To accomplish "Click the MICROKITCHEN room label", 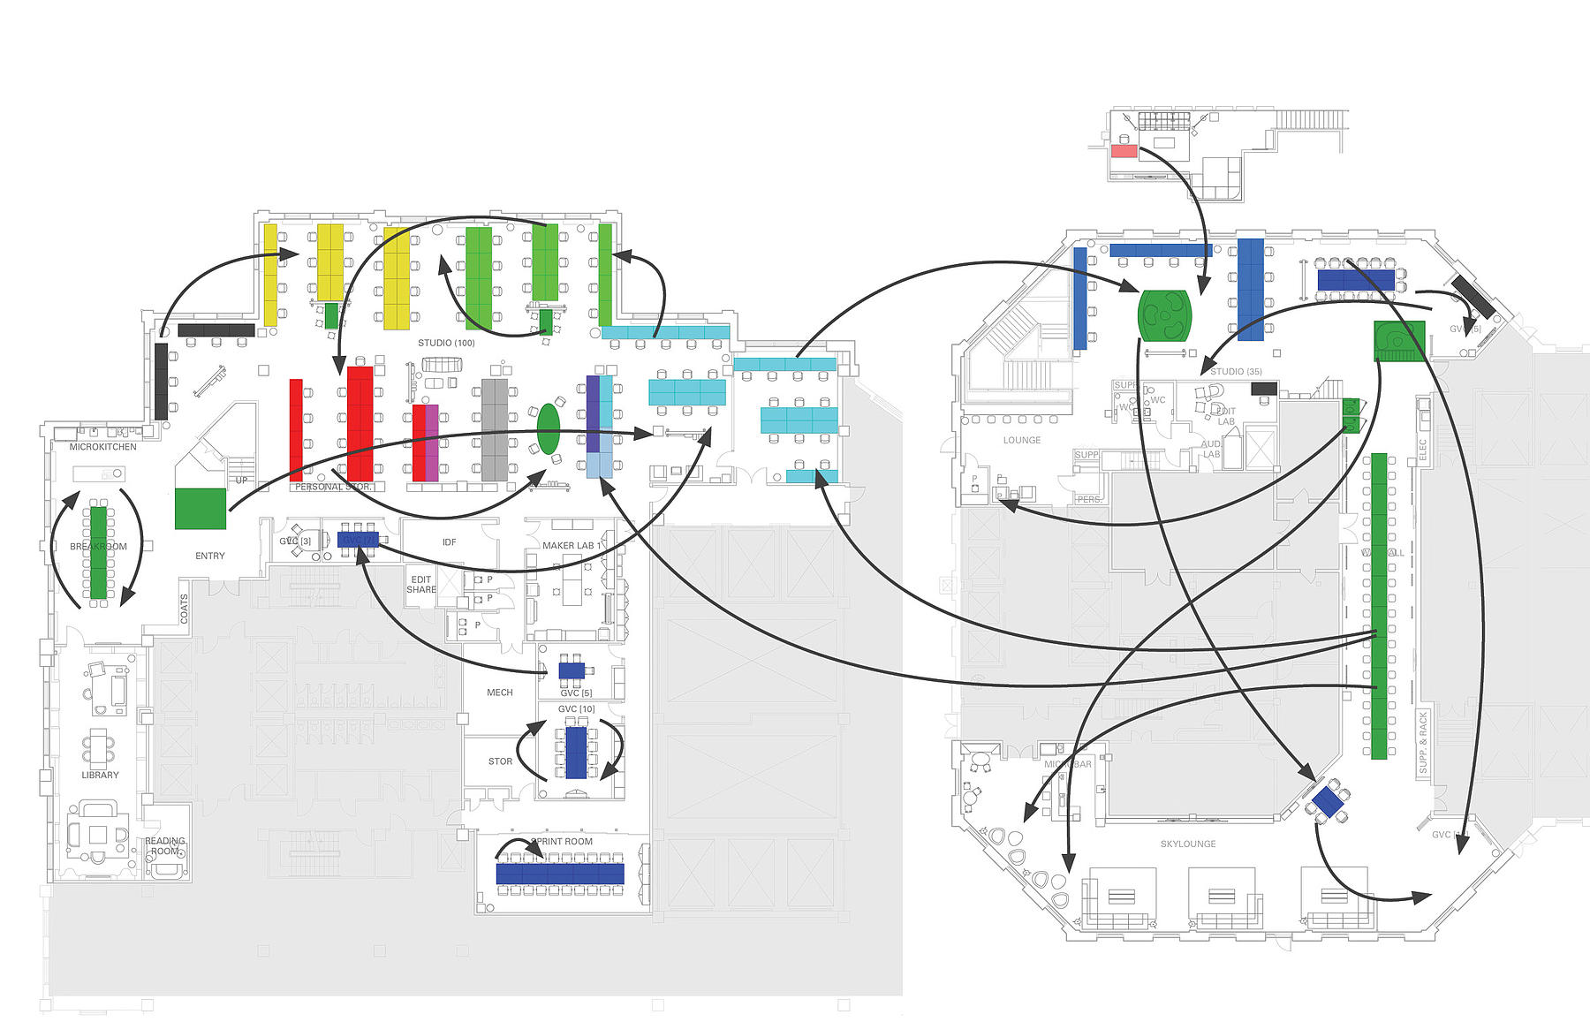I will point(103,447).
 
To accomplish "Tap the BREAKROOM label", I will point(98,547).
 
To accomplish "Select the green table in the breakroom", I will point(98,552).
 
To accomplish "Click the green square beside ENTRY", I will point(201,509).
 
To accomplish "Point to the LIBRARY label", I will point(100,776).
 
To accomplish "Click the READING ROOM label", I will point(165,846).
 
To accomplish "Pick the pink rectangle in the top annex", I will point(1124,151).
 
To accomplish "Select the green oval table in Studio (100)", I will point(549,429).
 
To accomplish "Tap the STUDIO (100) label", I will point(446,343).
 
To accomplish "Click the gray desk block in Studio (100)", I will point(495,429).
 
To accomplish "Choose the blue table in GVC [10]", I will point(576,752).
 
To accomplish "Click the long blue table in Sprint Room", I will point(560,874).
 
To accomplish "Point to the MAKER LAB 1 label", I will point(572,546).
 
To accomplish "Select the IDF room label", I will point(449,542).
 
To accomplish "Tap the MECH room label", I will point(500,693).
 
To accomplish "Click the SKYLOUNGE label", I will point(1188,844).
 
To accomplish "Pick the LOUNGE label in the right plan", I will point(1022,440).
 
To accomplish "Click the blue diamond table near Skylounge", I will point(1327,802).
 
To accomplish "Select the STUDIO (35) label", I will point(1236,372).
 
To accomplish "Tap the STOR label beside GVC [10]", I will point(500,761).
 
